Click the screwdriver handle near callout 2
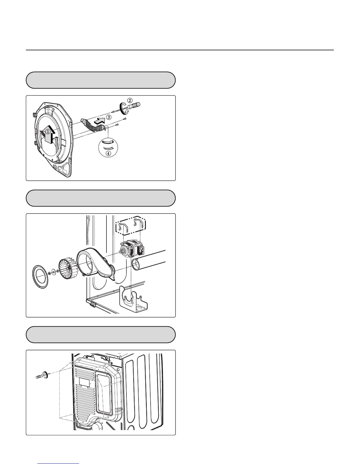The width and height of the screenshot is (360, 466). coord(135,105)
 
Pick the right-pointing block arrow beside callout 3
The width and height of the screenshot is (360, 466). coord(100,120)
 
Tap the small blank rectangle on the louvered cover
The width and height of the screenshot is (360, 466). coord(84,382)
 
